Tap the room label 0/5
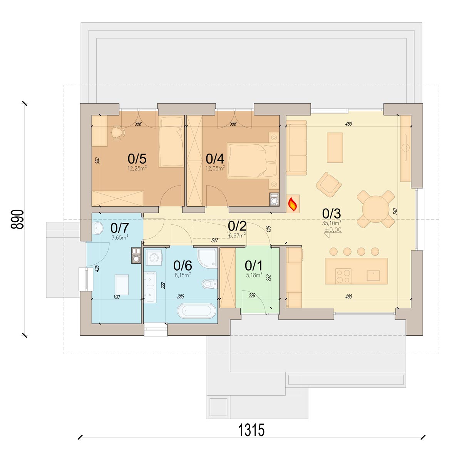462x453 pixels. (x=137, y=159)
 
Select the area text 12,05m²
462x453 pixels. (x=215, y=168)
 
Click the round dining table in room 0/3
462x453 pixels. (x=375, y=209)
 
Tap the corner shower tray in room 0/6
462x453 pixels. (x=208, y=257)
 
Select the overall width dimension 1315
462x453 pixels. (x=251, y=430)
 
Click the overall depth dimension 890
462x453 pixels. (x=17, y=219)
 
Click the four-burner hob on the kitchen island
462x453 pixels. (x=343, y=276)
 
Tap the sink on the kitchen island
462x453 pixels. (x=373, y=276)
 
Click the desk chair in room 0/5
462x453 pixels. (x=118, y=132)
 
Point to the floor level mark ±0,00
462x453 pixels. (x=333, y=230)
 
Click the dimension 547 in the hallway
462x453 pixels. (x=214, y=240)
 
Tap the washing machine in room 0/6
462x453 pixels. (x=154, y=257)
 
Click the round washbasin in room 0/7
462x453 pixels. (x=97, y=228)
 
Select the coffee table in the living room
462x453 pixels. (x=335, y=148)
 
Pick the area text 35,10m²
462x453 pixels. (x=331, y=223)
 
